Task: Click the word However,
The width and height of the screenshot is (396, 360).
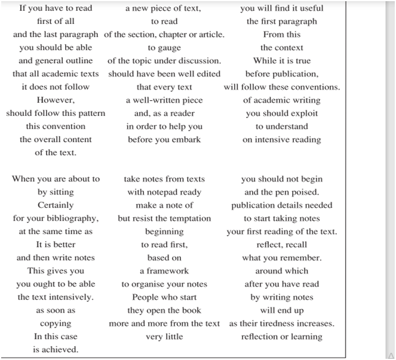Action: click(56, 100)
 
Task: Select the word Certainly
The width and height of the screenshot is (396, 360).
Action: click(56, 205)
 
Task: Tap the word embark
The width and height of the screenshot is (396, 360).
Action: click(188, 140)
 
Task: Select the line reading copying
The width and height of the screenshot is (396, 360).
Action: click(56, 324)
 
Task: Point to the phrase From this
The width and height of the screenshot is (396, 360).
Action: click(282, 35)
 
